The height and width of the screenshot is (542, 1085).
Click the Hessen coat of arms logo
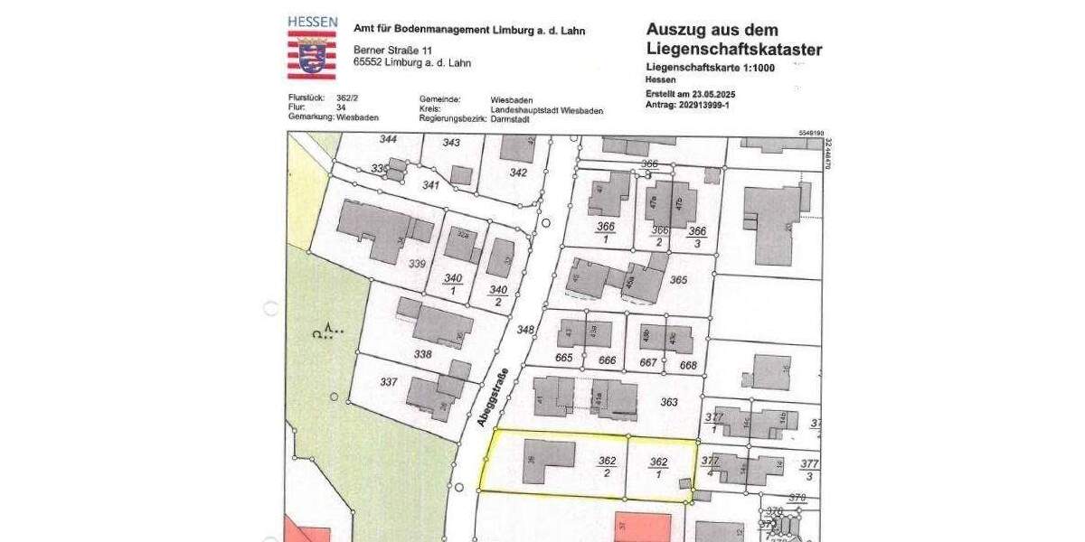[x=312, y=53]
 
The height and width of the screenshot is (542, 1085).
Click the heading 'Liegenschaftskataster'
[x=734, y=49]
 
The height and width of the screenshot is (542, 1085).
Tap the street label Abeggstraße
[x=494, y=397]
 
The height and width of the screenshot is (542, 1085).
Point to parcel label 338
[x=422, y=354]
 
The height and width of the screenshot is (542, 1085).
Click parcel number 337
[x=388, y=382]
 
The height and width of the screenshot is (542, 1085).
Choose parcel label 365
[x=679, y=280]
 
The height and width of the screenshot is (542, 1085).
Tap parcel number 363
[x=669, y=402]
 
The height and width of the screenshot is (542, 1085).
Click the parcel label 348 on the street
[x=525, y=331]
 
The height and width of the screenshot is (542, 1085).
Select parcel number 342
[x=518, y=173]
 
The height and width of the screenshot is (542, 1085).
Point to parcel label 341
[x=430, y=185]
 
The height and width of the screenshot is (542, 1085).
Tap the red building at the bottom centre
[x=643, y=528]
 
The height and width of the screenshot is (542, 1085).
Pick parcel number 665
[x=565, y=360]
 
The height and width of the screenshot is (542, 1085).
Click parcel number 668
[x=689, y=365]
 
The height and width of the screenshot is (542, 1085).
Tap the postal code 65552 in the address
[x=371, y=63]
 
